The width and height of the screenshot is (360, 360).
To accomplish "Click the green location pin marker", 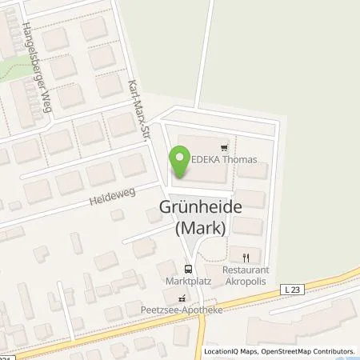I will coord(178,163).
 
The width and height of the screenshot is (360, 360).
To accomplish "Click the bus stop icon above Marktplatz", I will coord(188,270).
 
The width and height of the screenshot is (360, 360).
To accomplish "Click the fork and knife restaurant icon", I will coord(246,258).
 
